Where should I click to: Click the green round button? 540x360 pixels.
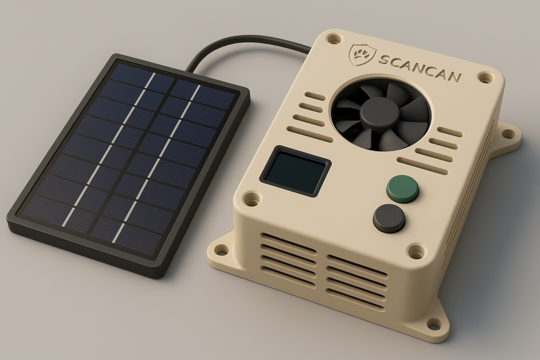point(403,188)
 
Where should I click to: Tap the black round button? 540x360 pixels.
point(389,218)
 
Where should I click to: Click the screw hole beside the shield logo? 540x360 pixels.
point(333,38)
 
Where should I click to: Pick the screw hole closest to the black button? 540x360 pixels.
point(415,251)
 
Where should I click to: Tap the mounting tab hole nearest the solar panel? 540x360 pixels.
point(220,249)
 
